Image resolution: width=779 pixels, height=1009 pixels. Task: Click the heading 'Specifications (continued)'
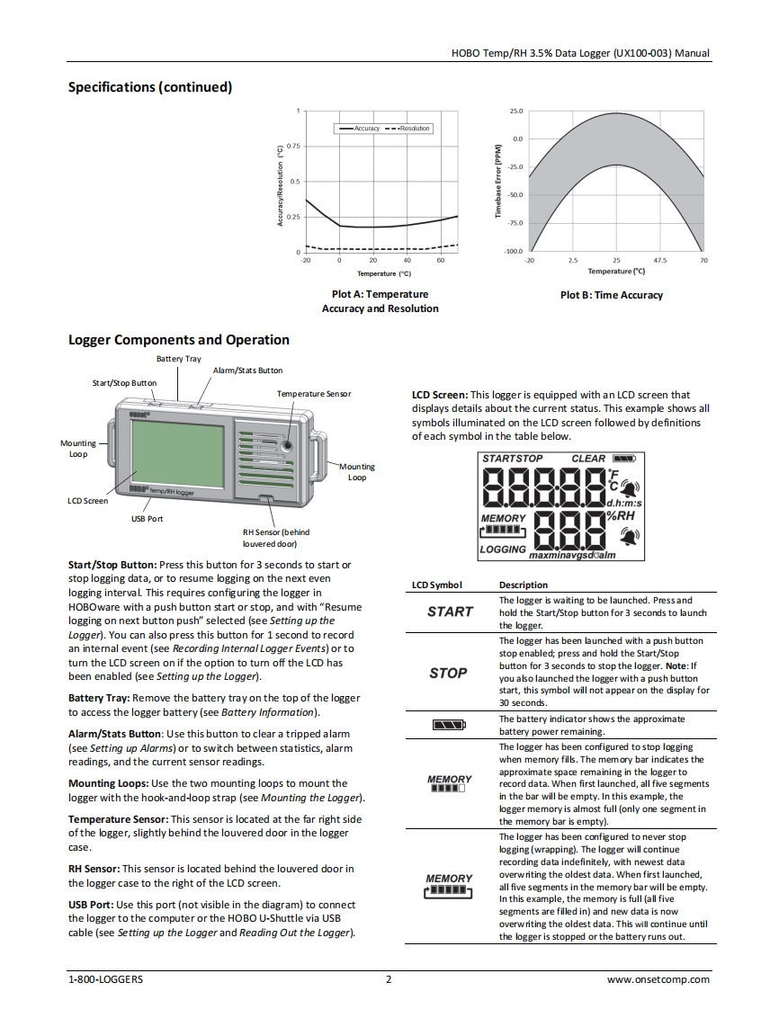(x=150, y=87)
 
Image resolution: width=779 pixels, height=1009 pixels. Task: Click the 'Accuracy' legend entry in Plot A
(x=366, y=129)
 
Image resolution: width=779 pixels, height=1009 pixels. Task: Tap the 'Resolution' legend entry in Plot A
(x=415, y=129)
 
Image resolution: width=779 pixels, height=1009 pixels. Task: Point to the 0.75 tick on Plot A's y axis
(x=293, y=146)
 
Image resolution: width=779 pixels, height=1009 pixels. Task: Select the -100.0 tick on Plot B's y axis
(x=514, y=251)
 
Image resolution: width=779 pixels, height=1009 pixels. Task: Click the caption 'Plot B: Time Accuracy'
(x=611, y=295)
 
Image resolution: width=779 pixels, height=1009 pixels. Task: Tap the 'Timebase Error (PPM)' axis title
(x=497, y=182)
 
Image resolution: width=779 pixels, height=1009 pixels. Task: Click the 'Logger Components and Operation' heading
(x=179, y=340)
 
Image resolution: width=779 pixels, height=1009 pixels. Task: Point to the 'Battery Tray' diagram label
(x=179, y=359)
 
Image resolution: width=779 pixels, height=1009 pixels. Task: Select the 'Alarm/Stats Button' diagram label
(x=247, y=371)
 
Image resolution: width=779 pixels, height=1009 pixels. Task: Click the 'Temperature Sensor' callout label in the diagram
(x=314, y=394)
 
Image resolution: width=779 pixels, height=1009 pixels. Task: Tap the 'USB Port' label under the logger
(x=148, y=519)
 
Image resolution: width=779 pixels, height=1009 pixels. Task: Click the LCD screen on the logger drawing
(x=177, y=454)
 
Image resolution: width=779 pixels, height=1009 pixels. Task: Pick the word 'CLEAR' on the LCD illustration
(x=588, y=459)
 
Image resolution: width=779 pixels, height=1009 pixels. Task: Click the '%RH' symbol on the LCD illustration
(x=621, y=516)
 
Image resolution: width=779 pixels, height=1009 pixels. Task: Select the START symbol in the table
(x=450, y=612)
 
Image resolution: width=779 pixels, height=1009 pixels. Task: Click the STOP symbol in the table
(x=448, y=673)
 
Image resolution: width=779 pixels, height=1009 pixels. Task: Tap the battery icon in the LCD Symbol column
(x=449, y=724)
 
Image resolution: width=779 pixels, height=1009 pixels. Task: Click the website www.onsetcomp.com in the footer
(x=658, y=979)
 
